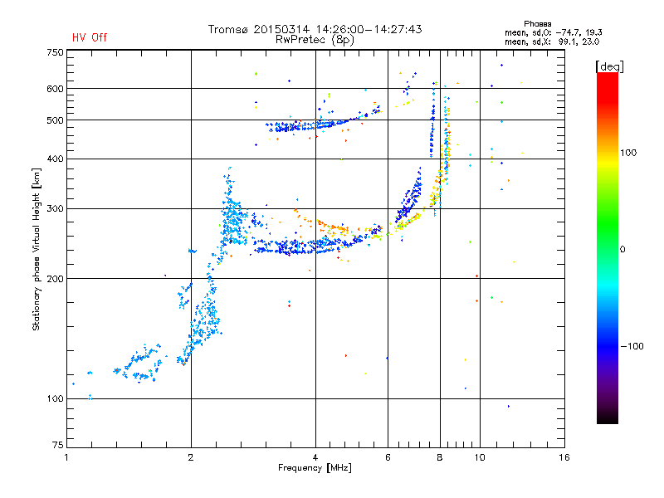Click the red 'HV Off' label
pos(90,37)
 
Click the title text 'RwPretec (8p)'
pos(315,40)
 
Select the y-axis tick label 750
pos(56,52)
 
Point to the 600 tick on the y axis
pos(56,89)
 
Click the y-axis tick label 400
pos(56,159)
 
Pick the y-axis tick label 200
pos(56,279)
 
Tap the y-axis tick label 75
pos(58,445)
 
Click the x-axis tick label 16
pos(564,457)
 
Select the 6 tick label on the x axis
pos(388,457)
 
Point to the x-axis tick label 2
pos(191,457)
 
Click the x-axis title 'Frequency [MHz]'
pos(315,468)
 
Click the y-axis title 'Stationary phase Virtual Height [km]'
pos(37,249)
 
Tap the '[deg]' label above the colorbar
pos(609,67)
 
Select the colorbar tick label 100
pos(628,153)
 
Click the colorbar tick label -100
pos(632,346)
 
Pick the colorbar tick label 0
pos(622,250)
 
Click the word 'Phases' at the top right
pos(537,24)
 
